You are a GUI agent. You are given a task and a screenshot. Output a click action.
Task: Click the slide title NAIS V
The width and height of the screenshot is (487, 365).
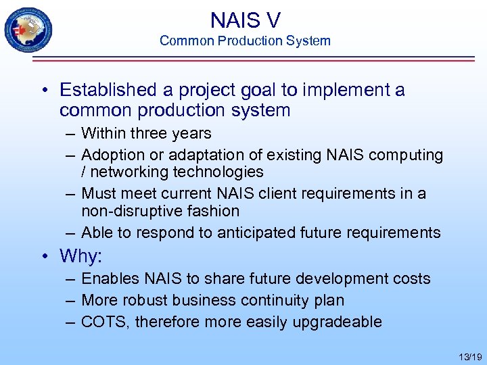coord(245,20)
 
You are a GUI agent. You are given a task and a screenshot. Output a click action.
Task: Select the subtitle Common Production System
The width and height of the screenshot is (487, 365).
coord(245,41)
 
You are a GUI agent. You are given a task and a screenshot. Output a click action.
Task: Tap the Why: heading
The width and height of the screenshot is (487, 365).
coord(80,256)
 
